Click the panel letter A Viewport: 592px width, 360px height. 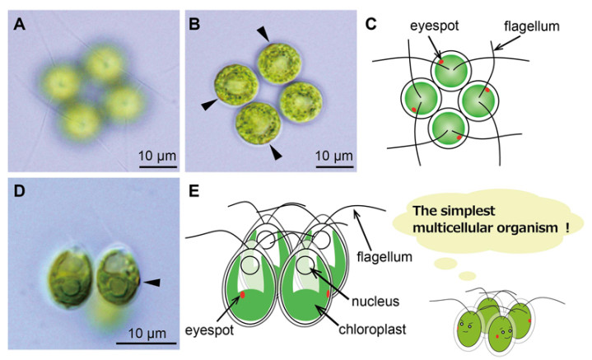pyautogui.click(x=18, y=24)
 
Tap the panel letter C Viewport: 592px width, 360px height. pyautogui.click(x=371, y=24)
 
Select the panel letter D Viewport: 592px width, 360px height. pyautogui.click(x=18, y=195)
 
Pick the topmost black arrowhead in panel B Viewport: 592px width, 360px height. pyautogui.click(x=262, y=34)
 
